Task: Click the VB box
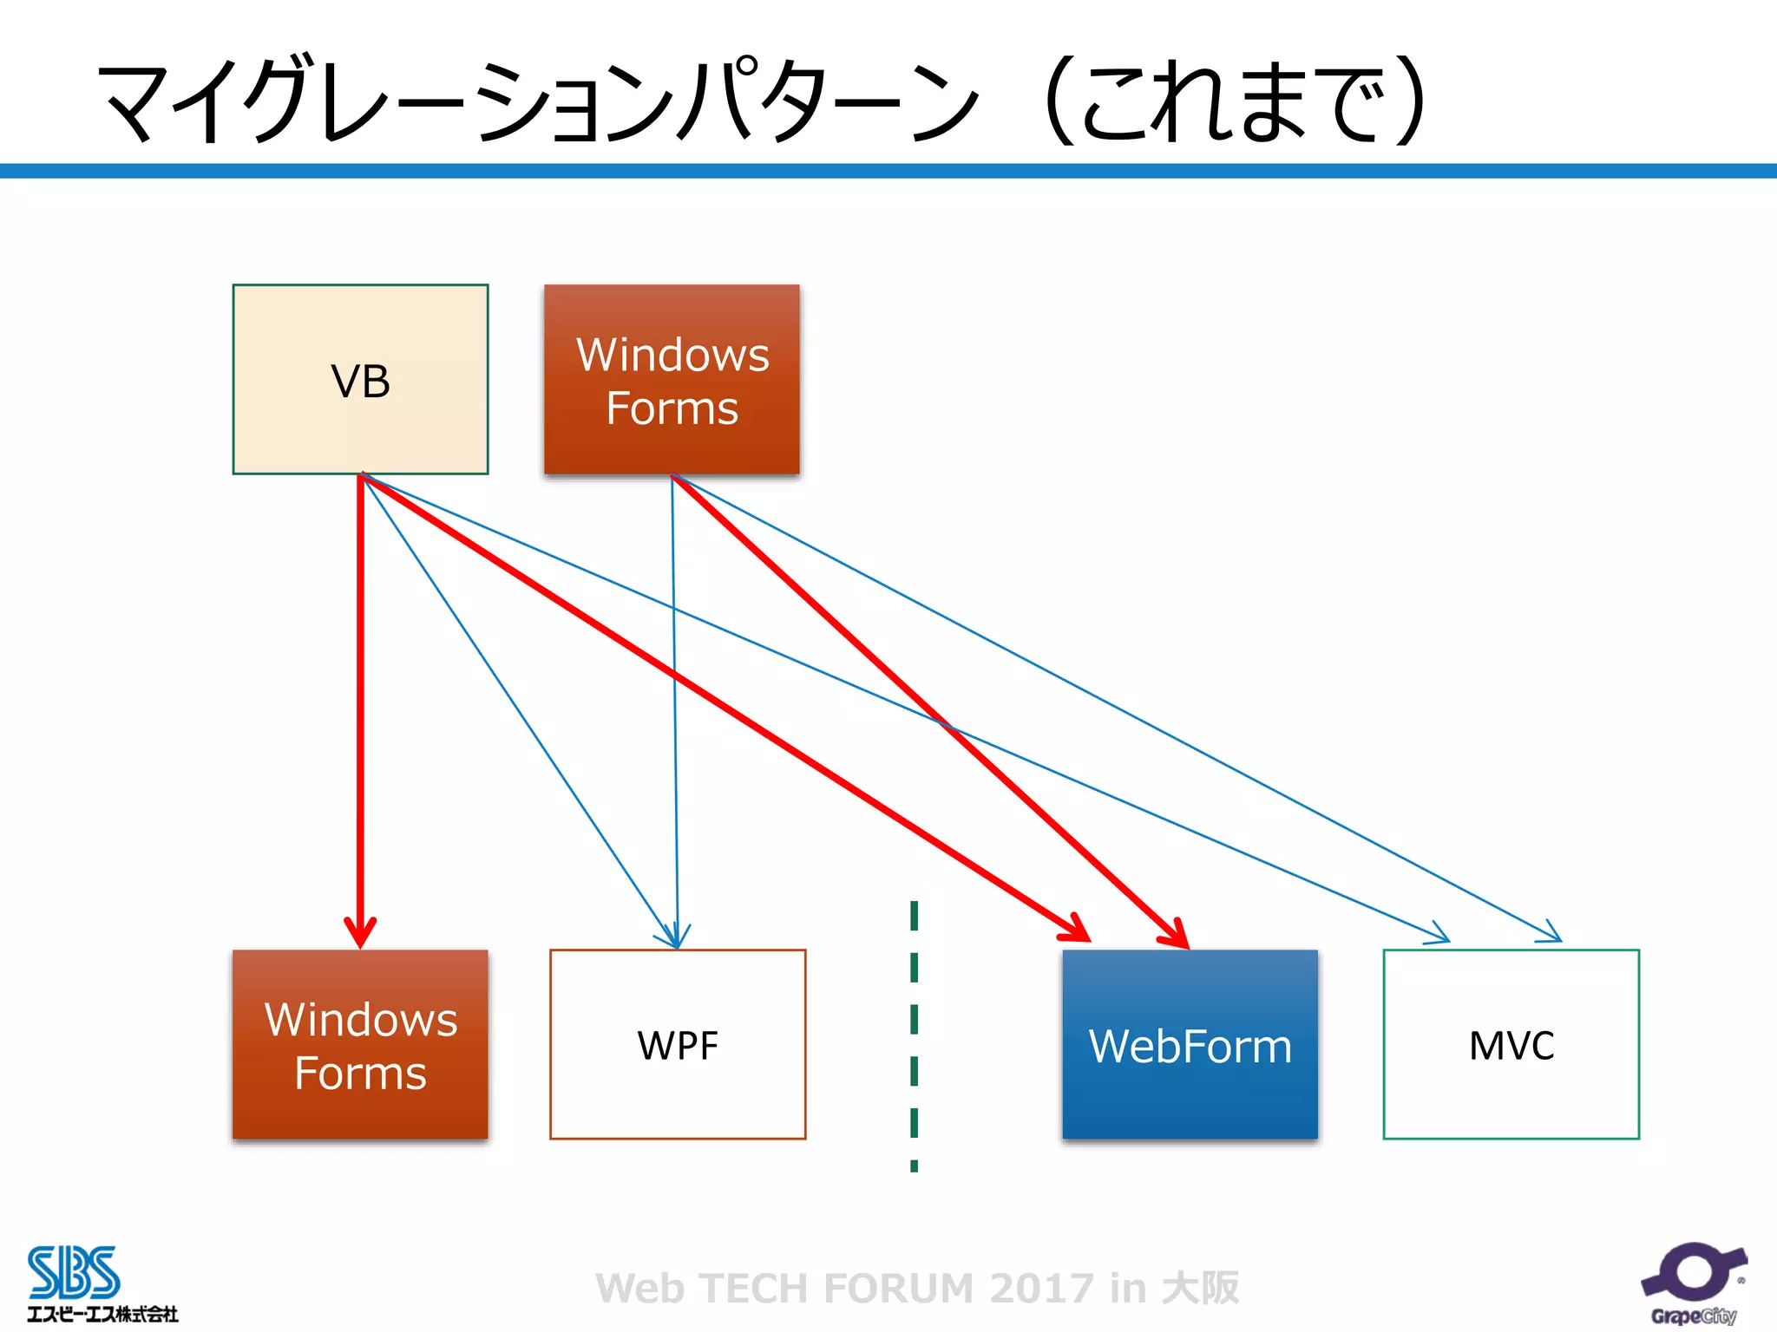coord(360,380)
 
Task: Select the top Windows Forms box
coord(672,380)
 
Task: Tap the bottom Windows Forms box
coord(360,1045)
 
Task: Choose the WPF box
coord(678,1045)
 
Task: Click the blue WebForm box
coord(1190,1045)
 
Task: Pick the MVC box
coord(1511,1045)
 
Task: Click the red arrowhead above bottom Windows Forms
coord(360,932)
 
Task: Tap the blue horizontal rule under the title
coord(888,171)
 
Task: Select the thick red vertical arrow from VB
coord(360,694)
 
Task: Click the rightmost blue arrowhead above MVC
coord(1551,933)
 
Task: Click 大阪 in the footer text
coord(1201,1288)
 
